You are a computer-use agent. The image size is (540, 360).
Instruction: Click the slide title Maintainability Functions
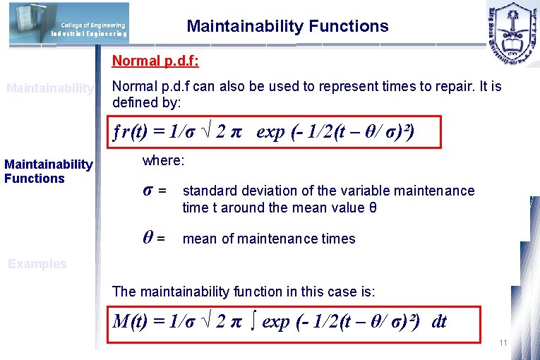tap(287, 27)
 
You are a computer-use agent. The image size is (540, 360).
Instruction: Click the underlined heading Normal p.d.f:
tap(155, 61)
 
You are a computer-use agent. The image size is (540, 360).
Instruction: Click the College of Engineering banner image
tap(69, 28)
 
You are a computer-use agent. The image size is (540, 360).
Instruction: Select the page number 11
tap(503, 343)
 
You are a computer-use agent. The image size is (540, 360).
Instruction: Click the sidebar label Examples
tap(37, 264)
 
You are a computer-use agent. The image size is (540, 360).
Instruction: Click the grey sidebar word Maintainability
tap(49, 88)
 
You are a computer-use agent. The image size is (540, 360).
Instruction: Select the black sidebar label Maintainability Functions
tap(48, 172)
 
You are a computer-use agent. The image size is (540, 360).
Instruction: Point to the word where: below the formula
tap(163, 161)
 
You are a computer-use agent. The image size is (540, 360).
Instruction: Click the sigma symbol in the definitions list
tap(148, 191)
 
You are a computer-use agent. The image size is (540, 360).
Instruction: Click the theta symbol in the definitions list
tap(148, 238)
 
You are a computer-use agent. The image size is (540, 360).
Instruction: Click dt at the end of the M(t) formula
tap(438, 322)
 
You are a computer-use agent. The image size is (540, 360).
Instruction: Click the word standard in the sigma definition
tap(208, 191)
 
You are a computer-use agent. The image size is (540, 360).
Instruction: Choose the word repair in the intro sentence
tap(442, 87)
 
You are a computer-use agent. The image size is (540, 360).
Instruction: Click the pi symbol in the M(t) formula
tap(237, 323)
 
